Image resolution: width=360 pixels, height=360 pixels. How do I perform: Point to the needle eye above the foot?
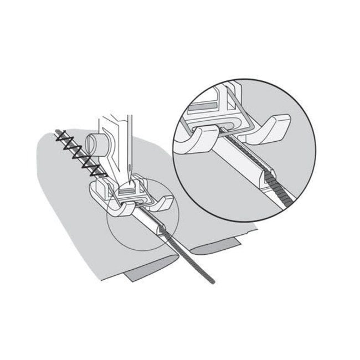(129, 166)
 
